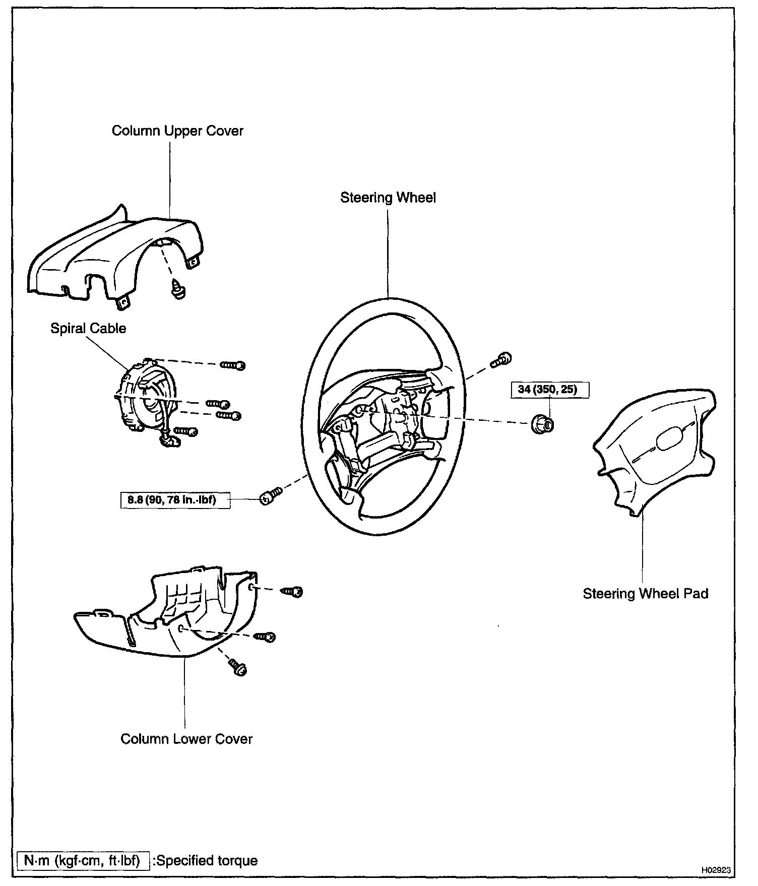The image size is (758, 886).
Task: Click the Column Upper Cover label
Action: (x=177, y=131)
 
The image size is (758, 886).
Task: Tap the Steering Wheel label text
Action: (x=388, y=198)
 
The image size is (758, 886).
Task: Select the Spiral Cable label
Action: (x=88, y=329)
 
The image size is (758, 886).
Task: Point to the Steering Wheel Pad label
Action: (x=645, y=594)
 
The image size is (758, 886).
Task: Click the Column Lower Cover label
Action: (x=186, y=739)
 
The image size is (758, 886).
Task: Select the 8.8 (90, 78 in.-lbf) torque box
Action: (x=175, y=500)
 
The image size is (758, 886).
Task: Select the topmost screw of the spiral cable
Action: (x=233, y=365)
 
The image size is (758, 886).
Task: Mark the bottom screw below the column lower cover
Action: (x=237, y=668)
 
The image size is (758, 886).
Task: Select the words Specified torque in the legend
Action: (x=207, y=860)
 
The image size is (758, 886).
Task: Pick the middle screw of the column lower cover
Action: (x=266, y=637)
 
